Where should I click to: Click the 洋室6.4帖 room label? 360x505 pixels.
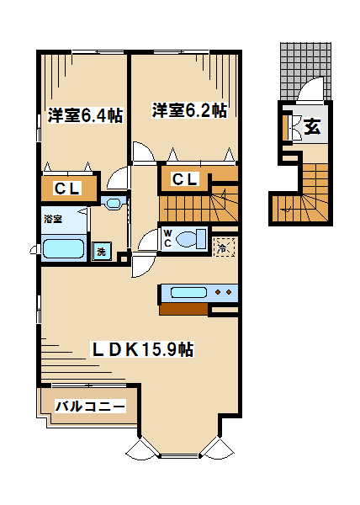click(85, 115)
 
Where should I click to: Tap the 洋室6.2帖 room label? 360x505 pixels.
click(189, 110)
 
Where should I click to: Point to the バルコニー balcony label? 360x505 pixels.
click(90, 407)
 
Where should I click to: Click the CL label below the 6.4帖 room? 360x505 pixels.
click(67, 189)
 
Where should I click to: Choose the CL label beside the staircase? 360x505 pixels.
click(185, 179)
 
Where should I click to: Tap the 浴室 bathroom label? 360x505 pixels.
click(53, 220)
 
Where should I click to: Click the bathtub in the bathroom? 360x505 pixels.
click(63, 248)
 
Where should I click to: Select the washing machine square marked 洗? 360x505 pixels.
click(102, 251)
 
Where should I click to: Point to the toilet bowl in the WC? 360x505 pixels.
click(191, 239)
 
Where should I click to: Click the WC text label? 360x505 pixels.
click(167, 238)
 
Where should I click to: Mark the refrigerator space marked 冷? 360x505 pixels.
click(225, 247)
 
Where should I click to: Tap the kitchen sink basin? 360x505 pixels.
click(188, 292)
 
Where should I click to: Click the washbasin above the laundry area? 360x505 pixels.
click(113, 203)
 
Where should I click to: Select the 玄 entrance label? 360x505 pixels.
click(312, 126)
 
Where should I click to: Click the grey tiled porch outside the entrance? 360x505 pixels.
click(305, 72)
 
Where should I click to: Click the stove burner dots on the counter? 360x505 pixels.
click(223, 292)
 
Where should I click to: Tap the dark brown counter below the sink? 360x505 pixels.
click(183, 309)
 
